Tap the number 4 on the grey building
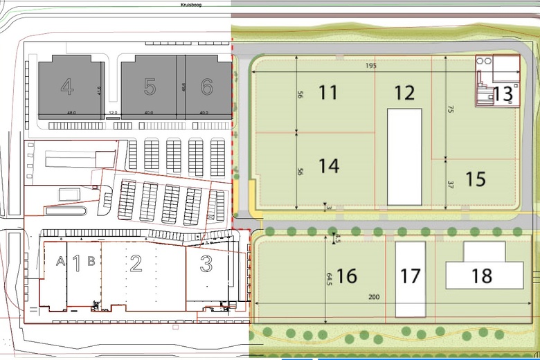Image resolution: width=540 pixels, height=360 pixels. (67, 87)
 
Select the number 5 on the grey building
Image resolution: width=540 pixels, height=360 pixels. (150, 87)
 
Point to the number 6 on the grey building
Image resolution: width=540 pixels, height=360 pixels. (206, 87)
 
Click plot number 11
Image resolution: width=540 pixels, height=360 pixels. (328, 92)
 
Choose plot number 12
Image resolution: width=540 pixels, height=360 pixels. (404, 92)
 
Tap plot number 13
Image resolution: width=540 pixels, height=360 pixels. (503, 93)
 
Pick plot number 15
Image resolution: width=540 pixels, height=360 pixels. (476, 179)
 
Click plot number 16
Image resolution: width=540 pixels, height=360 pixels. (346, 276)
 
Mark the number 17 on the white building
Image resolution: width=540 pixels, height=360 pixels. (411, 276)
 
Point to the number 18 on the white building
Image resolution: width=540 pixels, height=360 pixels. (482, 276)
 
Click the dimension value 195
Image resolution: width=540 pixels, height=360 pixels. (387, 66)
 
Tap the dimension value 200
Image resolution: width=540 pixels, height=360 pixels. (375, 297)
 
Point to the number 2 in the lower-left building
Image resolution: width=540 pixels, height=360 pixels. (136, 262)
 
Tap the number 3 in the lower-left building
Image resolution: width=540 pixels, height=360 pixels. (206, 263)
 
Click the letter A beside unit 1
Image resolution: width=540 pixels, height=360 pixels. (60, 261)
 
